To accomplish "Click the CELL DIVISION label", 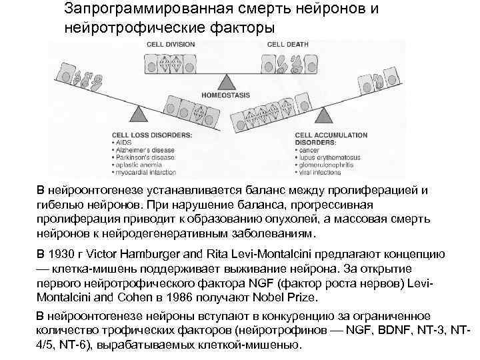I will pyautogui.click(x=169, y=45).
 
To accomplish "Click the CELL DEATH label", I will pyautogui.click(x=288, y=45).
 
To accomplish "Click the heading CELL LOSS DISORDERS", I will pyautogui.click(x=153, y=135).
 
